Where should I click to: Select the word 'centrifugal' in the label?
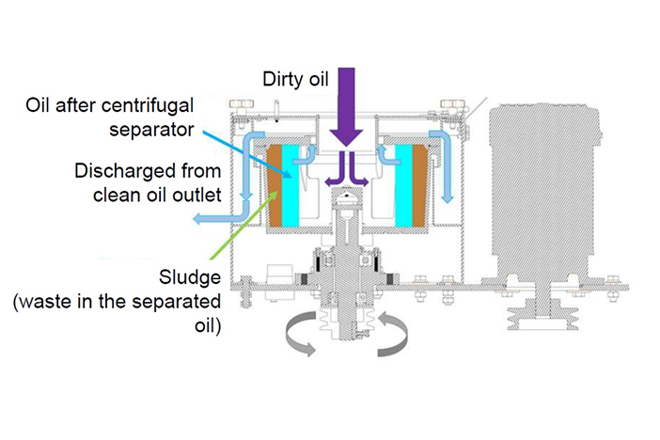pos(179,102)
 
